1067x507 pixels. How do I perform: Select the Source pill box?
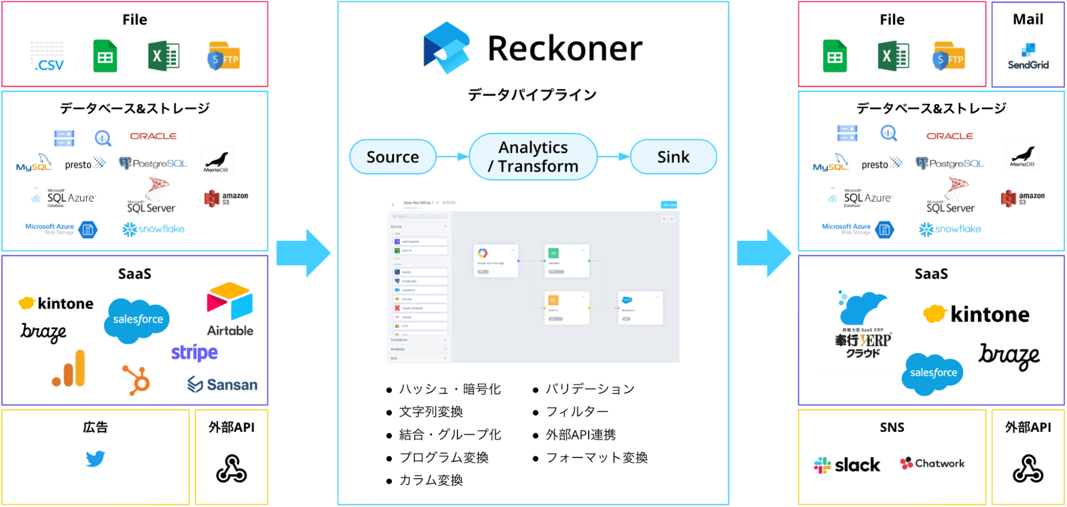coord(393,157)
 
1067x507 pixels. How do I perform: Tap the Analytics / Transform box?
coord(533,157)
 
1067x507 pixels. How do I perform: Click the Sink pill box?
coord(673,157)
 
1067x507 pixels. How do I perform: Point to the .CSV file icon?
coord(48,57)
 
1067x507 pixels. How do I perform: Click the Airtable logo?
coord(230,310)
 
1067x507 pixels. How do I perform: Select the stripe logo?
coord(194,353)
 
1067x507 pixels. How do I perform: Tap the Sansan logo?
coord(223,385)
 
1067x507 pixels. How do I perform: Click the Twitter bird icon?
coord(96,458)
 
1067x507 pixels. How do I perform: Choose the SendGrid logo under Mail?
coord(1028,57)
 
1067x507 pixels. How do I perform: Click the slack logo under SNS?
coord(847,465)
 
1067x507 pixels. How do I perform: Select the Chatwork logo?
coord(932,463)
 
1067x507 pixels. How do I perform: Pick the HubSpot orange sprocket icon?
coord(136,380)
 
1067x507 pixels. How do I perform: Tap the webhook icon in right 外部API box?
coord(1028,469)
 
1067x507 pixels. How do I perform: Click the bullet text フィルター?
coord(577,411)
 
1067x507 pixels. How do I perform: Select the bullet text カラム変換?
coord(431,480)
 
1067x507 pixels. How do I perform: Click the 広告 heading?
coord(96,427)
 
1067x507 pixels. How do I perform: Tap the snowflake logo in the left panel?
coord(154,229)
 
